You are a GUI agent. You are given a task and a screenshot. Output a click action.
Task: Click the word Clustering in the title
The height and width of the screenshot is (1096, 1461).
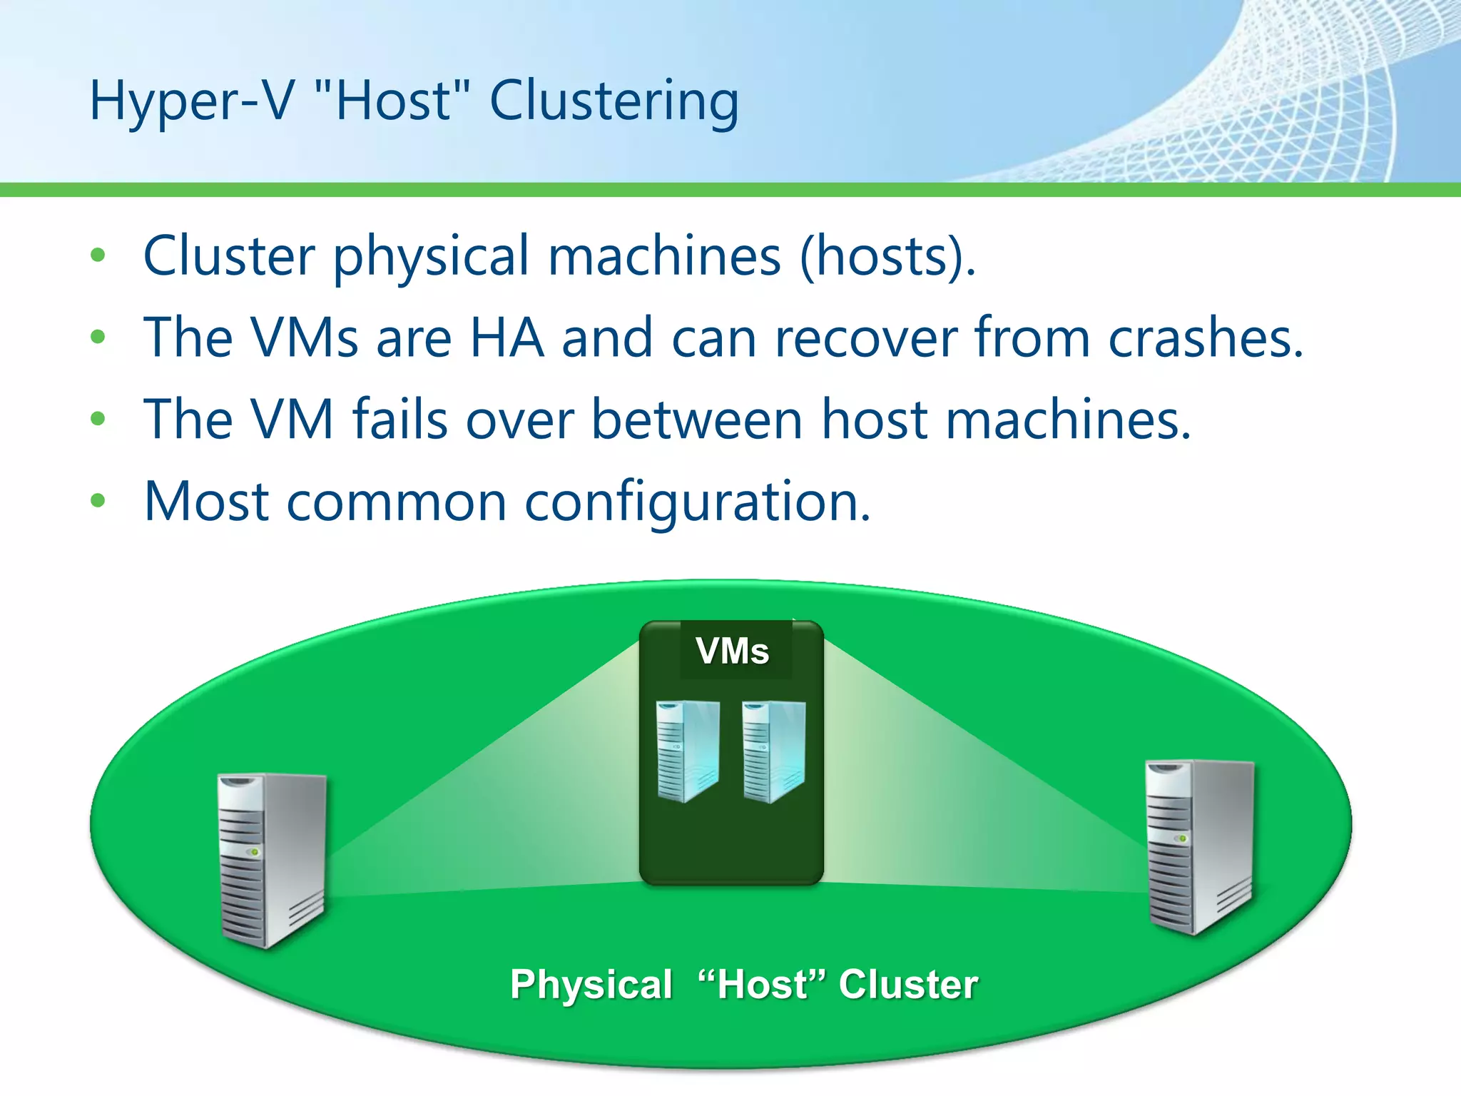click(614, 101)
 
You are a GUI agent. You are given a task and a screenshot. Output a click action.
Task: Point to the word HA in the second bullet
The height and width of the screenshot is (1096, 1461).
click(506, 338)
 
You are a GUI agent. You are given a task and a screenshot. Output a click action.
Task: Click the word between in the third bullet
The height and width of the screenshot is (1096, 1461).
click(696, 420)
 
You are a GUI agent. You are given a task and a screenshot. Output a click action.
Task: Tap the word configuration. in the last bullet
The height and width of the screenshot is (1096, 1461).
click(697, 502)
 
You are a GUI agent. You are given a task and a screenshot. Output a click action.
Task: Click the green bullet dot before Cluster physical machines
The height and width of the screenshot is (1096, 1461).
click(98, 255)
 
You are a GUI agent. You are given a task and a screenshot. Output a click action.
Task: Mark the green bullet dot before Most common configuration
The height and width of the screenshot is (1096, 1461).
click(98, 501)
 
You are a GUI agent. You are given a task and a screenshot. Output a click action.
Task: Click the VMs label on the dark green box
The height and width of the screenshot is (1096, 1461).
click(733, 651)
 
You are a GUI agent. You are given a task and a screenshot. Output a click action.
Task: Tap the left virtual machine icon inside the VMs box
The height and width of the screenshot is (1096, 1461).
click(688, 751)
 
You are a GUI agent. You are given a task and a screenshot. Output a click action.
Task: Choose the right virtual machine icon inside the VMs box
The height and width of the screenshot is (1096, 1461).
click(774, 751)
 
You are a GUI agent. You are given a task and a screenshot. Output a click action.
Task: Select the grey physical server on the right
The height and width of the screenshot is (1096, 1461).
click(1199, 847)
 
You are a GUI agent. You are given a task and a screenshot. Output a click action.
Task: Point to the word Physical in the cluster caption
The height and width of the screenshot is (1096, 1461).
click(591, 985)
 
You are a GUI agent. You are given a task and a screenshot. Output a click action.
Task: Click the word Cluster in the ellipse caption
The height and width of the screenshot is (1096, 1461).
click(908, 985)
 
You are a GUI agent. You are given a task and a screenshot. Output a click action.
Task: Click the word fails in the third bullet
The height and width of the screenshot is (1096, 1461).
click(400, 420)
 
